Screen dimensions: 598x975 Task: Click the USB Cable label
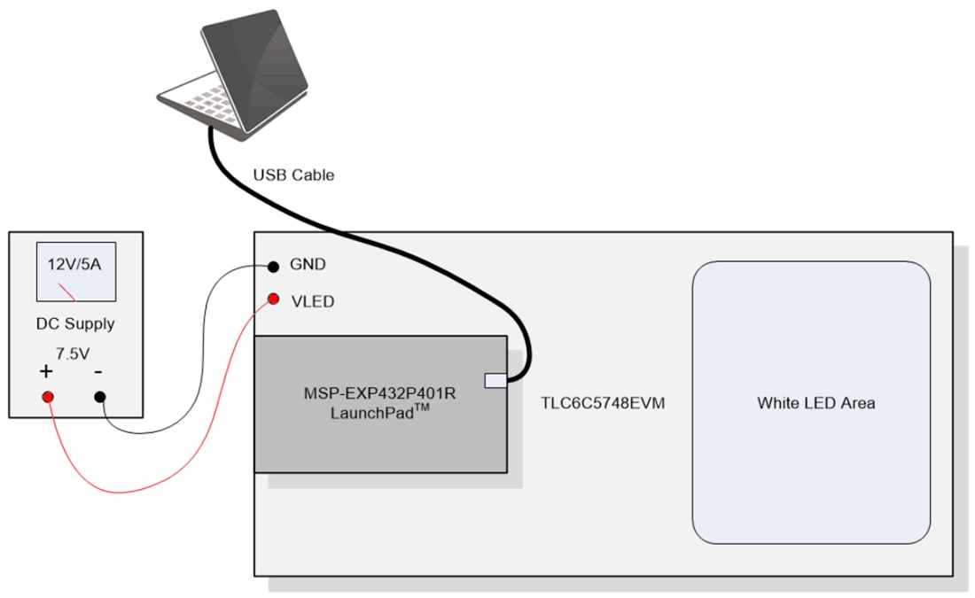293,175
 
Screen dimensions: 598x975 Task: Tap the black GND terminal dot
274,265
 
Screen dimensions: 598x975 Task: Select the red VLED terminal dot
274,298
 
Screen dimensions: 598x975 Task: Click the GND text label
308,265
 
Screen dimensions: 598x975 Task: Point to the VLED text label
312,301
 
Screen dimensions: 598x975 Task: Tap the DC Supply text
75,323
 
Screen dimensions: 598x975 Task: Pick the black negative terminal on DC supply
100,397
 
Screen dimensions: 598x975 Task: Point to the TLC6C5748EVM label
603,404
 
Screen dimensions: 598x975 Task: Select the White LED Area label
815,403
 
